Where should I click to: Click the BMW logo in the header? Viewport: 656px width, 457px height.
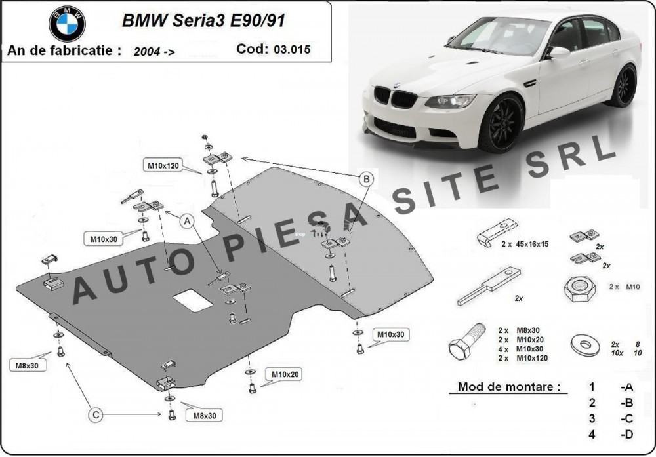tap(67, 24)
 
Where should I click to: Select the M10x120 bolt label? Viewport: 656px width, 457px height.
tap(163, 166)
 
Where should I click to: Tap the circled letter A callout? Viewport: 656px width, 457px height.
tap(188, 222)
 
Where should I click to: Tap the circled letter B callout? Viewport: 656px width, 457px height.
tap(366, 178)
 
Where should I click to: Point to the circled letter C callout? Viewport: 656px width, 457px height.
tap(96, 414)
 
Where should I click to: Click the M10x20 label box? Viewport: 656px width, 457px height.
tap(283, 375)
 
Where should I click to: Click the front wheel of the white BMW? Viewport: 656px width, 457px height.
tap(501, 123)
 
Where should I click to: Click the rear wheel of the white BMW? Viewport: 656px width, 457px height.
tap(620, 86)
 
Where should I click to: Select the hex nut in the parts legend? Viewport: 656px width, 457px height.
tap(578, 288)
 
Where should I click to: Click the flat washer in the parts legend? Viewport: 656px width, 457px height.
tap(580, 343)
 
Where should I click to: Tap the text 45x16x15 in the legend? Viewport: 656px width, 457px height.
tap(524, 243)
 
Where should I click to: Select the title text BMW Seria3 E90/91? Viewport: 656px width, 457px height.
tap(203, 20)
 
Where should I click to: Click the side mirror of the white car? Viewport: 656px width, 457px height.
tap(559, 52)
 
